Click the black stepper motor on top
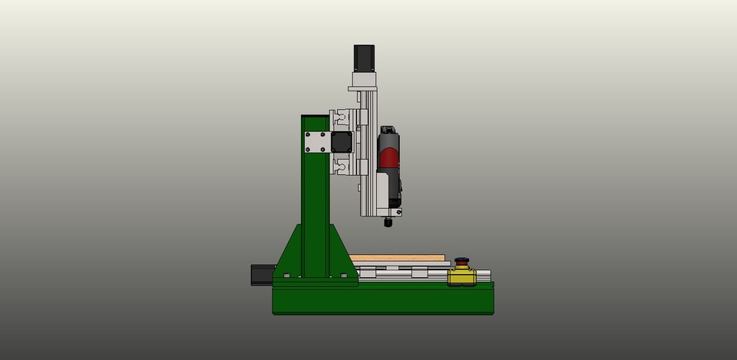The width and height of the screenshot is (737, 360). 363,58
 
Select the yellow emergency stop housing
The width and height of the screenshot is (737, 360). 461,276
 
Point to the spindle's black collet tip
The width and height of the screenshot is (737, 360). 388,223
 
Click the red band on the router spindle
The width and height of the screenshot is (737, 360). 390,158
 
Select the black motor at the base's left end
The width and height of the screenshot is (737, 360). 261,274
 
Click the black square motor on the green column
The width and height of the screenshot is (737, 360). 340,142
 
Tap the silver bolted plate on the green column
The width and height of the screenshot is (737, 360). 316,142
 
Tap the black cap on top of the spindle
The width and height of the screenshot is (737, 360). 388,129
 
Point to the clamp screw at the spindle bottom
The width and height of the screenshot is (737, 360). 398,212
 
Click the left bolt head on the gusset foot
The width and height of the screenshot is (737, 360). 286,275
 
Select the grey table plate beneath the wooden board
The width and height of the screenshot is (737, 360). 399,265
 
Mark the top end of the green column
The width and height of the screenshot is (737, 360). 315,118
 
